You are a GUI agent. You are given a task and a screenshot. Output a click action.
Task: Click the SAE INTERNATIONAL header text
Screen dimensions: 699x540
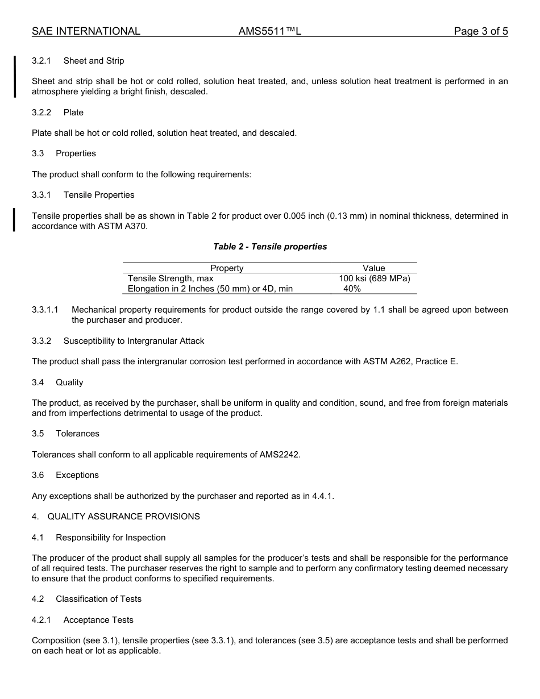pos(86,32)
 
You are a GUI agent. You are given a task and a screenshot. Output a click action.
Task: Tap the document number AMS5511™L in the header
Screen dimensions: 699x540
pos(269,32)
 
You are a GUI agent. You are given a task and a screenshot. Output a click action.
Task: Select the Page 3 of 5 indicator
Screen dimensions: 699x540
pos(480,32)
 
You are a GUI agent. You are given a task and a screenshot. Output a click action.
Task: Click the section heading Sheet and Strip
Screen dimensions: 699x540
pos(94,61)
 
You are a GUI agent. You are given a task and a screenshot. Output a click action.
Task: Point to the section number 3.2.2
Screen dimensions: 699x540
pos(41,113)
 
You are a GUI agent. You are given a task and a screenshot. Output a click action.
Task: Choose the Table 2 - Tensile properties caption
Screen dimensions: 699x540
pos(270,247)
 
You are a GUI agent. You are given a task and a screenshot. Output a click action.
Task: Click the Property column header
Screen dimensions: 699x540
pos(227,268)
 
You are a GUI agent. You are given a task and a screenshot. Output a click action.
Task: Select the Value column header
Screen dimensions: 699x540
pos(373,268)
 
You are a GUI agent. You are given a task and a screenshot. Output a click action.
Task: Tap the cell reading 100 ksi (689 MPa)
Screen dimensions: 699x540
pos(374,278)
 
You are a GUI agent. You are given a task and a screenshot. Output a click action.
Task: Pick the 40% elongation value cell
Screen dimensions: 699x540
pos(352,289)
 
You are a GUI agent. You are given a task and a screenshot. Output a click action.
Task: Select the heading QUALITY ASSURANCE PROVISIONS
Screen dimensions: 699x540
pos(123,517)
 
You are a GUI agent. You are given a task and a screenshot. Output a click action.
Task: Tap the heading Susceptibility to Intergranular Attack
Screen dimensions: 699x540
pos(134,341)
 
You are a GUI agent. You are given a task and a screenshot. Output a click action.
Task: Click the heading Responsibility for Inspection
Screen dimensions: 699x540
pos(111,538)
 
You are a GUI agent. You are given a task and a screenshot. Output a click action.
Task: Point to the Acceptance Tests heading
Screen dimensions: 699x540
pos(98,620)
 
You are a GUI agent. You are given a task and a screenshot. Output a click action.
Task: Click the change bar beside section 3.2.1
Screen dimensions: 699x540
pos(15,76)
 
